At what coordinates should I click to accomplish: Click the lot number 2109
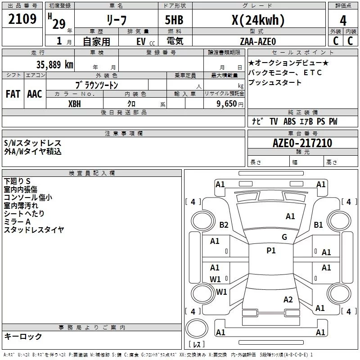[22, 19]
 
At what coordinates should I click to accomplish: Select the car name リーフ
[116, 20]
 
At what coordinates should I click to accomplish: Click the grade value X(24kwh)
[257, 20]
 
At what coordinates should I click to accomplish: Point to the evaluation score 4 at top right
[343, 20]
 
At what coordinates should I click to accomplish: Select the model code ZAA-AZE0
[258, 41]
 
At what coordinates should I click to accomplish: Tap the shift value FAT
[13, 94]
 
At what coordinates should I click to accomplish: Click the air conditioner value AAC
[35, 94]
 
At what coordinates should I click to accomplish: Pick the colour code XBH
[75, 103]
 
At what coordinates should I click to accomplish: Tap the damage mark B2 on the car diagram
[224, 225]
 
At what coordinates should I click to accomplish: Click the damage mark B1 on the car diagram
[319, 225]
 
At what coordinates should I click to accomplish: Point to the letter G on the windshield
[284, 237]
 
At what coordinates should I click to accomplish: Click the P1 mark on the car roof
[271, 251]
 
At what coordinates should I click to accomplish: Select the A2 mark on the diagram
[288, 300]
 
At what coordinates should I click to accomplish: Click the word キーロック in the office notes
[23, 336]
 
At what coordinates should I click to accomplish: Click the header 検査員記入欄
[92, 173]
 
